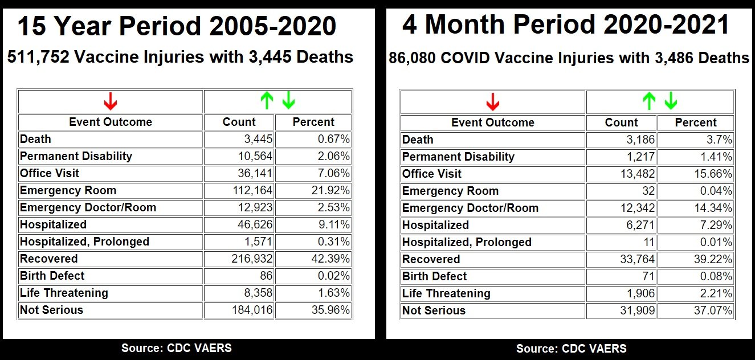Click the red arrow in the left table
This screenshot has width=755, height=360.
pyautogui.click(x=111, y=101)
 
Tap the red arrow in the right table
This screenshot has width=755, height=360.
pyautogui.click(x=493, y=102)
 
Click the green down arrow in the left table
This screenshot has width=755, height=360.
pyautogui.click(x=289, y=101)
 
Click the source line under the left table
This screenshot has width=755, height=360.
pyautogui.click(x=177, y=347)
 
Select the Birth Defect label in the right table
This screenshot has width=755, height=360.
pyautogui.click(x=434, y=276)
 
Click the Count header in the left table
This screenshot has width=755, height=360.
pyautogui.click(x=239, y=122)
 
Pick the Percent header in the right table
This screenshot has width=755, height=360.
pyautogui.click(x=696, y=122)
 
